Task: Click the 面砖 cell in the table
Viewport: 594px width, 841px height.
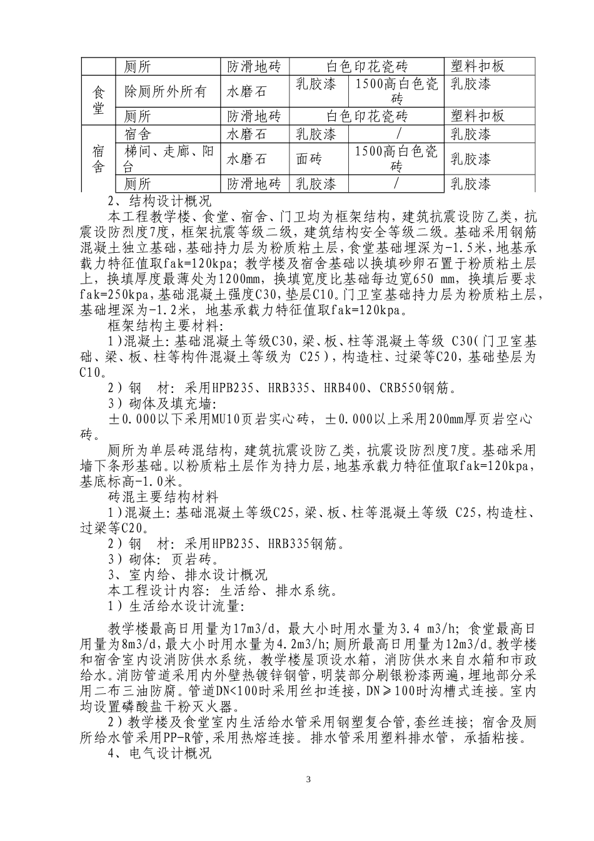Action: point(309,159)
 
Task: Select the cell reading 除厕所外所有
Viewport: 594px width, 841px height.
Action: point(165,91)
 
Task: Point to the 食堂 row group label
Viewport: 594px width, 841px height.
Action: point(98,99)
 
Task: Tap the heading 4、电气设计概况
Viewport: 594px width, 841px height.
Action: point(160,754)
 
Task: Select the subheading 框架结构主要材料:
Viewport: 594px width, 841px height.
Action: point(162,325)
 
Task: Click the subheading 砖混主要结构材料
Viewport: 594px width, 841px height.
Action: point(163,497)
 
